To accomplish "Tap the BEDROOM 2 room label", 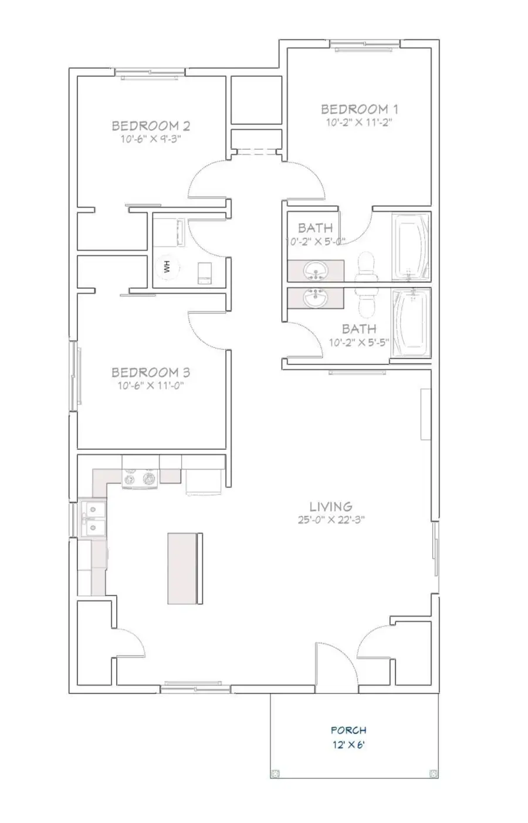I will pos(151,126).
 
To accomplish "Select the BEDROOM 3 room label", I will pos(151,372).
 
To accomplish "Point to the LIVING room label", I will pos(331,506).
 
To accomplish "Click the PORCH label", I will pos(348,730).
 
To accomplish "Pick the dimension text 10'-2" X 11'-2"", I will pos(359,123).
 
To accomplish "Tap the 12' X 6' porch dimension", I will pos(348,745).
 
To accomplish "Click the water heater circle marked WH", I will pos(167,268).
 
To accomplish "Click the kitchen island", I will pos(185,568).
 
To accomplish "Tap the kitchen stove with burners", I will pos(140,479).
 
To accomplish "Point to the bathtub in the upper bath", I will pos(412,247).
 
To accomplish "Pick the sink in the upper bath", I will pos(316,272).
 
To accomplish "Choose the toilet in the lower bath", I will pos(366,302).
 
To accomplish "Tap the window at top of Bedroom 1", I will pos(364,45).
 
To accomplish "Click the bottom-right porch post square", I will pos(434,773).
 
